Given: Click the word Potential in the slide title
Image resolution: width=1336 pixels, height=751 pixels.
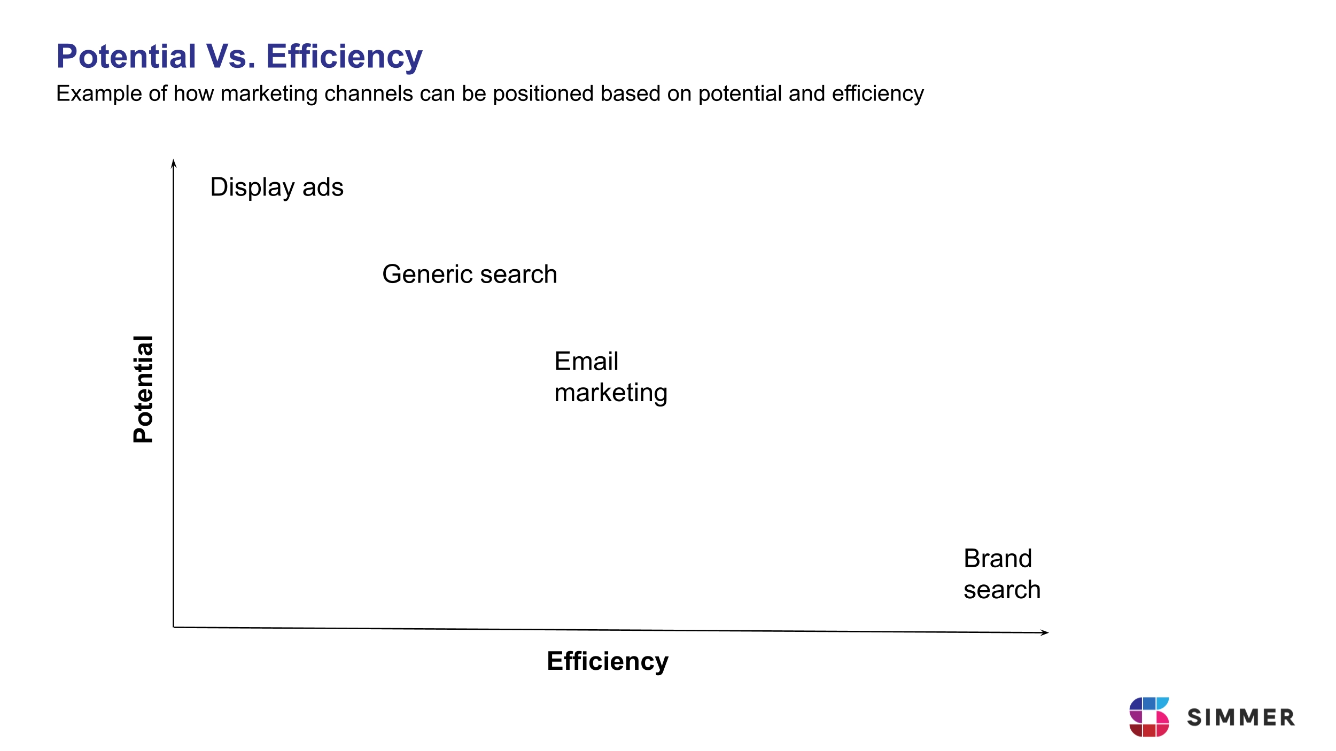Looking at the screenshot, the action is [x=127, y=57].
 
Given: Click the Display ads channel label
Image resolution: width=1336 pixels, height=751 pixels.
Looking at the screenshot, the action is [x=277, y=187].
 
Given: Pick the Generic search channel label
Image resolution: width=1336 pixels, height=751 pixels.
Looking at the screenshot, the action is [x=470, y=274].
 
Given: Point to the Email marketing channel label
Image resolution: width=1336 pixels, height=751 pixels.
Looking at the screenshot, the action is [x=611, y=377].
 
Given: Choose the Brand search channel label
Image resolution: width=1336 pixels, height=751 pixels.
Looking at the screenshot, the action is [x=1002, y=574].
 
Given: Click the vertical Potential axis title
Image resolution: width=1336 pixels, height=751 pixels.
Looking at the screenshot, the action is [x=143, y=389].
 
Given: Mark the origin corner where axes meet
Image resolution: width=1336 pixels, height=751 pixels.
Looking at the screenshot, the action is [x=174, y=627].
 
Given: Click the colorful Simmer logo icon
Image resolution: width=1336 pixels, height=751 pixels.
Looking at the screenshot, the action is [x=1149, y=717].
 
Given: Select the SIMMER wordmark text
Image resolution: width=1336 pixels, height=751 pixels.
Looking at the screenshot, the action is [x=1241, y=718].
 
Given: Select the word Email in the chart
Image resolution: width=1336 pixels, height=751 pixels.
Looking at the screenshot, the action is [x=586, y=362].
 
